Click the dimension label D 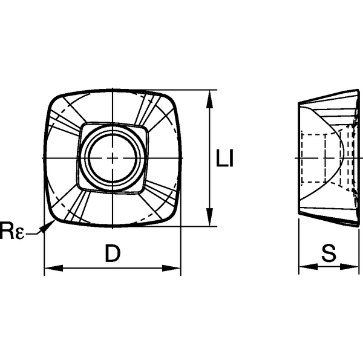[x=112, y=255]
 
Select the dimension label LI [x=225, y=159]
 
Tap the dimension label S [x=329, y=255]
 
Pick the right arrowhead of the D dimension [x=175, y=267]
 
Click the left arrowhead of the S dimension [x=303, y=267]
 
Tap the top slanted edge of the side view [x=327, y=96]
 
